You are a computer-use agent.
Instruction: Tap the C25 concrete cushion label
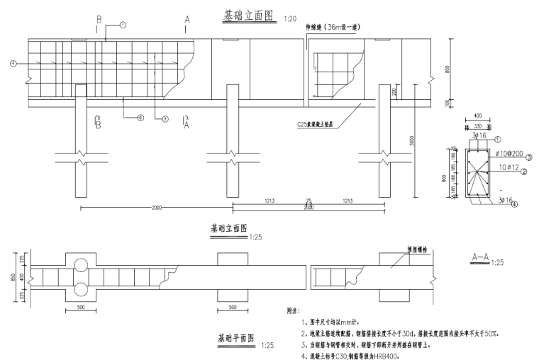(316, 125)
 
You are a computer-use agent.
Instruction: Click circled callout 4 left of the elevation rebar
(13, 64)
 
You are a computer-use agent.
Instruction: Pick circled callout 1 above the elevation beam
(123, 25)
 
